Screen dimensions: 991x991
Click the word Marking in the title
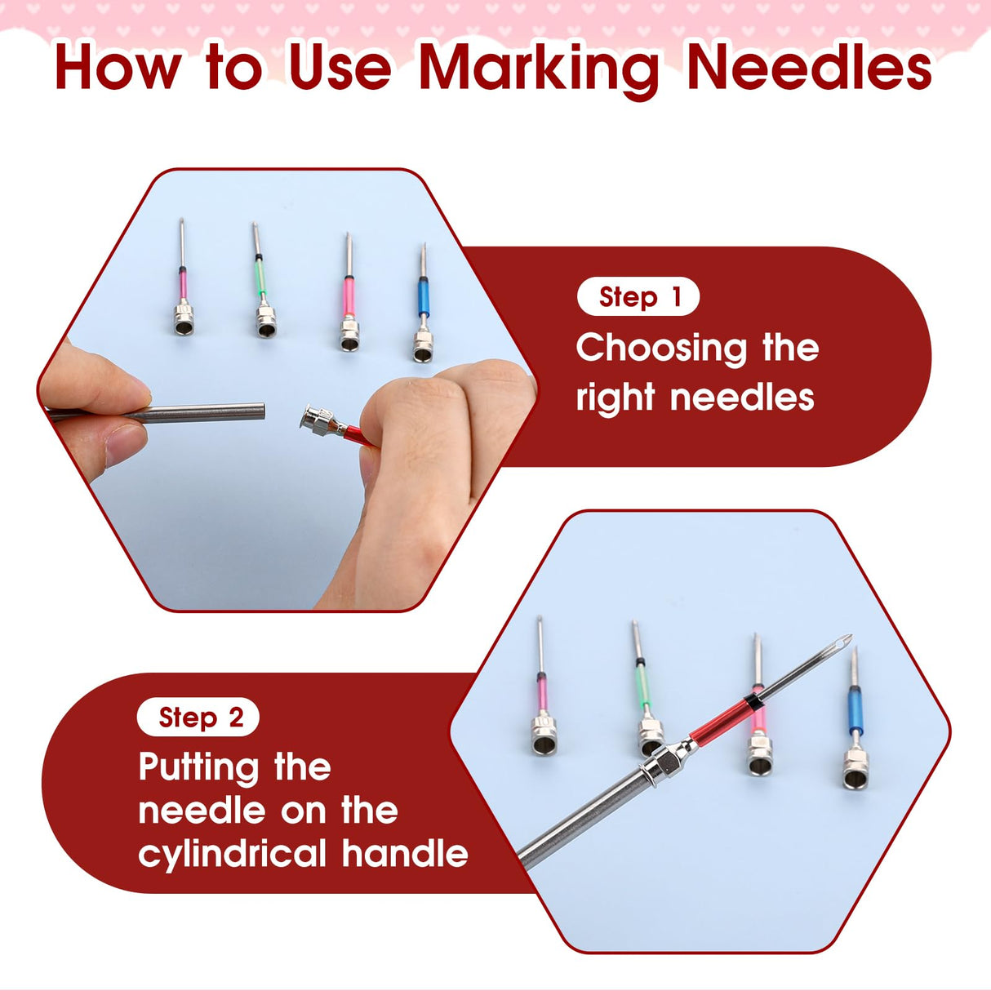(x=539, y=69)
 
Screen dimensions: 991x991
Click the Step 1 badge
(x=638, y=297)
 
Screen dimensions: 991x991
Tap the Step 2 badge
(x=199, y=718)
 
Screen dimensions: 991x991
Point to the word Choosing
(x=661, y=349)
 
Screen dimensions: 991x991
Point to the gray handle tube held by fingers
(x=204, y=412)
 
